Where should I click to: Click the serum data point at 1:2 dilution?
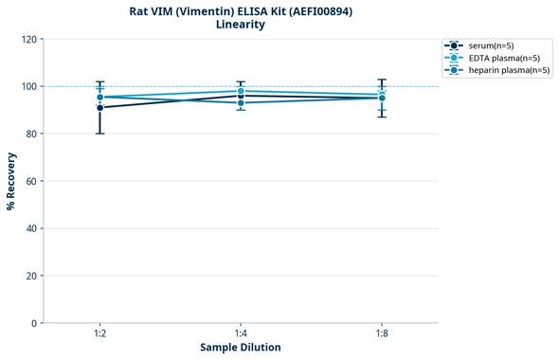pos(99,107)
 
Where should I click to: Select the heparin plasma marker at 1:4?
pos(241,102)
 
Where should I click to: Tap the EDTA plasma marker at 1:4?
pos(241,91)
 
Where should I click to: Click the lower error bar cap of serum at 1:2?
pos(99,134)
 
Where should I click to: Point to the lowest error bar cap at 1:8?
pos(381,117)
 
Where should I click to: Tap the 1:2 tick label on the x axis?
pos(99,333)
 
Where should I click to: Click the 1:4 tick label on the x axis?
pos(241,333)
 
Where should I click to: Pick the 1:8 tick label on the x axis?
pos(381,333)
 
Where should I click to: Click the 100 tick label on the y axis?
pos(28,86)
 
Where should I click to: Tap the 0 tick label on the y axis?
pos(34,323)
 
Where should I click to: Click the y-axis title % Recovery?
pos(11,180)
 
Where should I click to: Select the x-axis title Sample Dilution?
pos(241,348)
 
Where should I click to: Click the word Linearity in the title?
pos(241,25)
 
